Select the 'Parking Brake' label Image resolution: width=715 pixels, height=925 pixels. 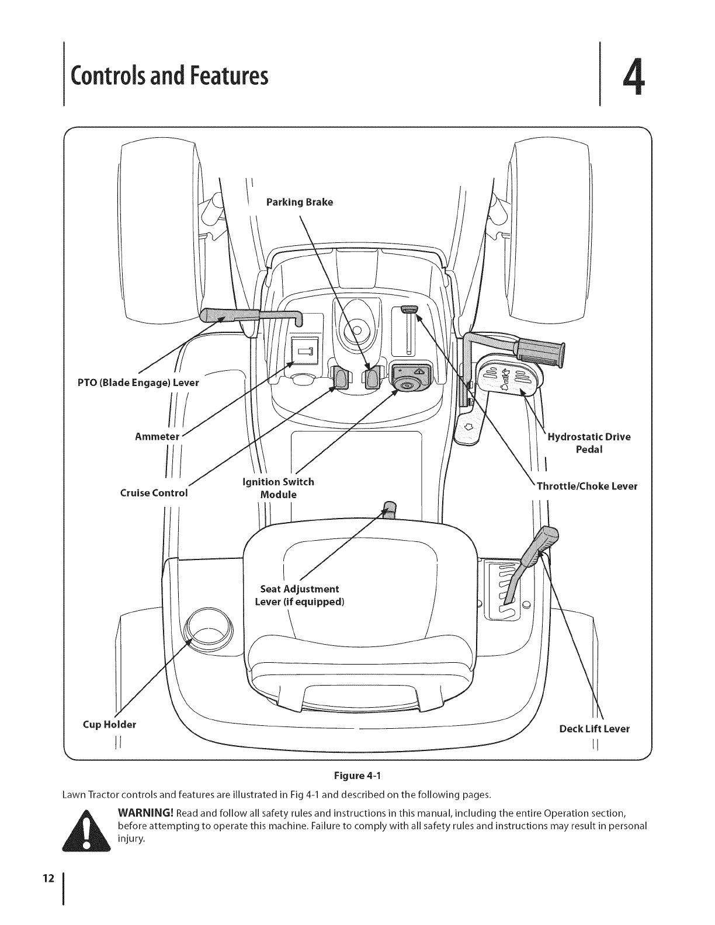click(299, 202)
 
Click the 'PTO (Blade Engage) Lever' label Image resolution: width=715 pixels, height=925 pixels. click(138, 383)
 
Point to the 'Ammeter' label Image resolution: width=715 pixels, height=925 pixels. click(156, 436)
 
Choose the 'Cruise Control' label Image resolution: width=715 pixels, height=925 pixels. click(154, 492)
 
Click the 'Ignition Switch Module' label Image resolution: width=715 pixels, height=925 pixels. click(278, 488)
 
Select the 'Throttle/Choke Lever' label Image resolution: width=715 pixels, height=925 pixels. click(586, 486)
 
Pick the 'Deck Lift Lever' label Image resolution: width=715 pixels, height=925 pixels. click(594, 729)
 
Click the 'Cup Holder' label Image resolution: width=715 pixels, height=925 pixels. click(109, 725)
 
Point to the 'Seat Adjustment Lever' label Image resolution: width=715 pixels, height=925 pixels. click(299, 595)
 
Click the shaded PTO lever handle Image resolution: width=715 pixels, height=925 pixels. click(230, 315)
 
